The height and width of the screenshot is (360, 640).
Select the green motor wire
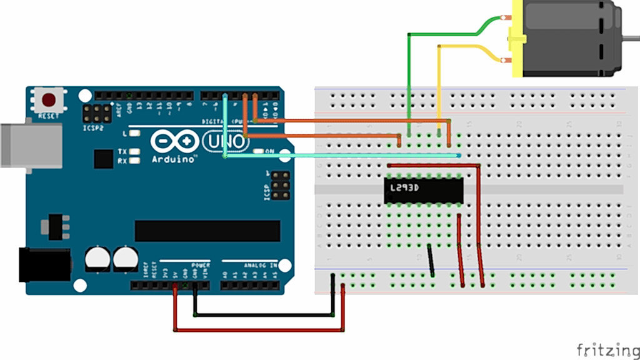click(x=409, y=75)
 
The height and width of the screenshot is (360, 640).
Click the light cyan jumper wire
click(x=344, y=156)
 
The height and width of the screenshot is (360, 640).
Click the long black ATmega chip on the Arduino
click(x=207, y=230)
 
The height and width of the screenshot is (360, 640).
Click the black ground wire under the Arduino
click(x=262, y=314)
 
